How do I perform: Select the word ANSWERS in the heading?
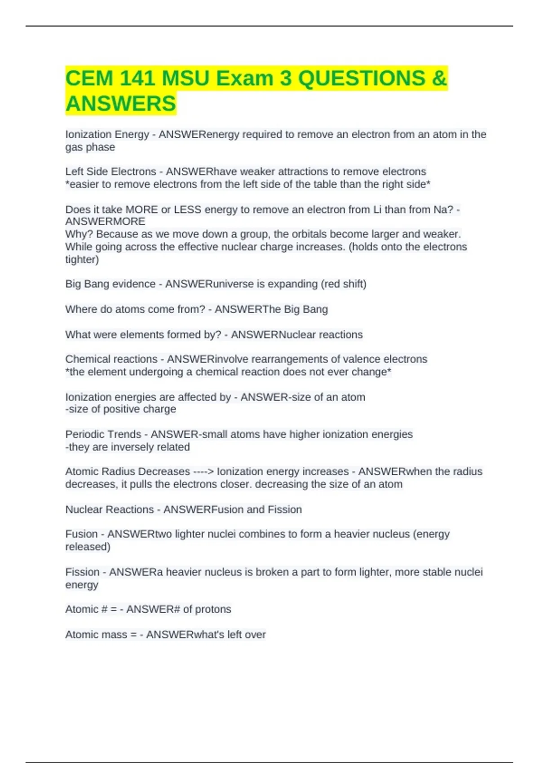pos(120,104)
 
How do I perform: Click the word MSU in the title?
pos(186,79)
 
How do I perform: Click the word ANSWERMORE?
pos(105,222)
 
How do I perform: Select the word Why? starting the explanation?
pos(79,234)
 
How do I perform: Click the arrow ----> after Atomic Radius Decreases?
pos(203,472)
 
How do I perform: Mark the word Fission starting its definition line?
pos(82,572)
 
